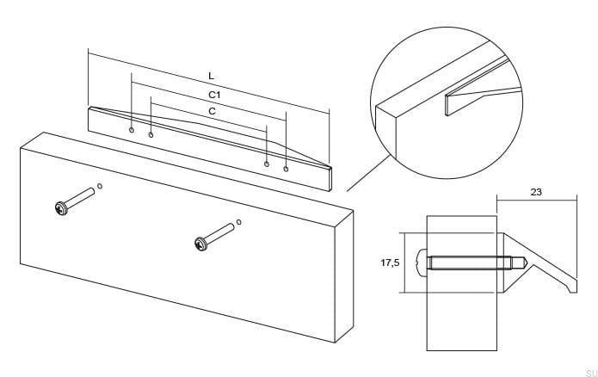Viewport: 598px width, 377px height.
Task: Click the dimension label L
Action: pos(211,77)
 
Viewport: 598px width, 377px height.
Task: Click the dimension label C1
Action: pos(215,94)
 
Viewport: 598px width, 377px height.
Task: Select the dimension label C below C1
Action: pos(212,112)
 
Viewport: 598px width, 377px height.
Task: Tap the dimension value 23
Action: pos(536,193)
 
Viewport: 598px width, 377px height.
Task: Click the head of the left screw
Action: pos(61,208)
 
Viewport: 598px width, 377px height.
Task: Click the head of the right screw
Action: pos(201,244)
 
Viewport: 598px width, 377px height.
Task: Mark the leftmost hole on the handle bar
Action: pos(132,130)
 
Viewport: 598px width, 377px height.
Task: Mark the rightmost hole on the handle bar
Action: pos(286,169)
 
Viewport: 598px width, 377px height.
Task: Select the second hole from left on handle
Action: pos(151,135)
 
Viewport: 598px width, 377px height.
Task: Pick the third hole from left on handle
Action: pos(267,164)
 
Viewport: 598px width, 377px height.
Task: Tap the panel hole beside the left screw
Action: pos(100,186)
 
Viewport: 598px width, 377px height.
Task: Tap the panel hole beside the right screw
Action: pos(239,221)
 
